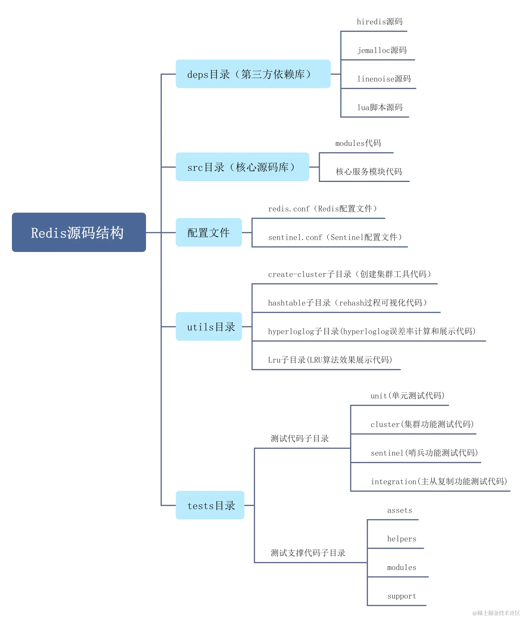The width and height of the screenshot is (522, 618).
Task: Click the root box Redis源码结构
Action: tap(79, 232)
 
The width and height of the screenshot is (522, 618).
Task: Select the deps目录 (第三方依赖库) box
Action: tap(253, 74)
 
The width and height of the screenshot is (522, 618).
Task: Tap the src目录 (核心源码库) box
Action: tap(242, 167)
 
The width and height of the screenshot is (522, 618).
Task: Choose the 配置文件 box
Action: tap(209, 232)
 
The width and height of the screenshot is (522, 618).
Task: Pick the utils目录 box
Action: tap(209, 326)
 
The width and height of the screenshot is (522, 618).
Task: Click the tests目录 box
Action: tap(210, 505)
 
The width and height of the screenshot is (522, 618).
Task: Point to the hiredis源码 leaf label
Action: tap(380, 22)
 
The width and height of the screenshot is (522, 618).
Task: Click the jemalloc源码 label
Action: tap(382, 50)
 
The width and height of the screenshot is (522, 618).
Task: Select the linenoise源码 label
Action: tap(384, 79)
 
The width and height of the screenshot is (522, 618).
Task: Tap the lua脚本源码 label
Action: tap(380, 108)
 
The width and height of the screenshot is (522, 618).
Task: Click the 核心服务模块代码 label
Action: tap(369, 172)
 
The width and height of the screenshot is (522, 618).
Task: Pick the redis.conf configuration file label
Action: tap(322, 209)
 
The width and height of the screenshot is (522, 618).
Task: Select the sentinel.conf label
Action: tap(335, 237)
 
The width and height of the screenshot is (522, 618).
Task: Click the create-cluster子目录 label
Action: tap(349, 274)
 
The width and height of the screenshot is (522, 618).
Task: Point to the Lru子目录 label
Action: tap(330, 360)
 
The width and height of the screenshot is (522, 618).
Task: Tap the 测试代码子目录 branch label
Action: tap(300, 438)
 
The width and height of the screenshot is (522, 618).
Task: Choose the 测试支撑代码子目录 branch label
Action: tap(308, 553)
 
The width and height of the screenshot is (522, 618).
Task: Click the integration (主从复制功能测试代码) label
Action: tap(439, 482)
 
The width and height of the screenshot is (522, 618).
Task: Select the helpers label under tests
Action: tap(402, 539)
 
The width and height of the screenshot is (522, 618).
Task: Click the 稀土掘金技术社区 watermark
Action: tap(496, 613)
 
